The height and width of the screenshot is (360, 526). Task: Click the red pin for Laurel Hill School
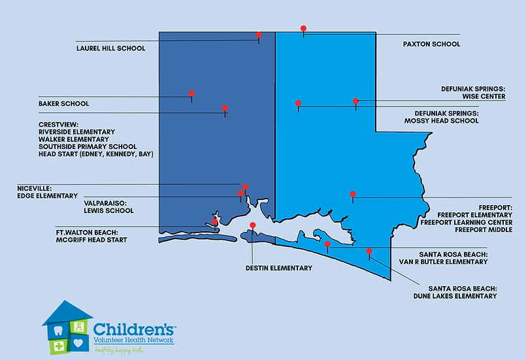(259, 35)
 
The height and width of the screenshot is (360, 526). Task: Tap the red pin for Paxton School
(303, 28)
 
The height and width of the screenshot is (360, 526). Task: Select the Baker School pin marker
(191, 93)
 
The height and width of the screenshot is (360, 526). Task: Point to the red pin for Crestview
(225, 108)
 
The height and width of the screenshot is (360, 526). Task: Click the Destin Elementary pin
(253, 225)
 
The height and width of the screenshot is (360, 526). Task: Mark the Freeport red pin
(353, 194)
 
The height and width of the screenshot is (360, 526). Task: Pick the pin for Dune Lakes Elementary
(369, 251)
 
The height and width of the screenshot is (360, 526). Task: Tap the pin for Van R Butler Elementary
(327, 244)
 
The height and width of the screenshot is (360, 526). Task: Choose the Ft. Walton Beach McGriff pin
(215, 222)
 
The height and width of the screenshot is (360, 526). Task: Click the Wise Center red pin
(355, 101)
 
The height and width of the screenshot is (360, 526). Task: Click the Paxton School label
(431, 44)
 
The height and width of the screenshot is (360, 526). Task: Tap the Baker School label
(63, 104)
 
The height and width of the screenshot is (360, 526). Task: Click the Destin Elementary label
(279, 268)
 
